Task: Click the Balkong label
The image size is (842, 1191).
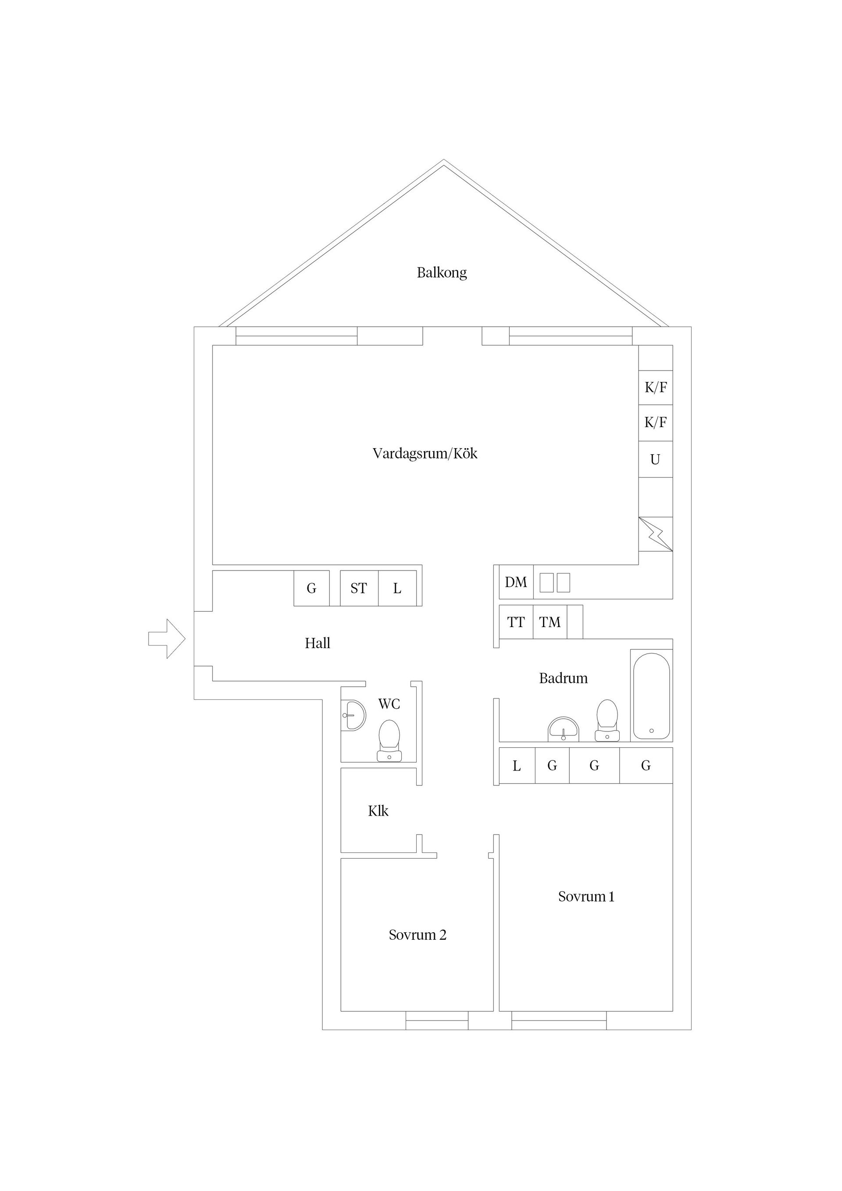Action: click(x=442, y=273)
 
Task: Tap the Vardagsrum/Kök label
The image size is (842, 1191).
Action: click(x=425, y=453)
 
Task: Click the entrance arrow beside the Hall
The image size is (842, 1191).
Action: click(x=167, y=638)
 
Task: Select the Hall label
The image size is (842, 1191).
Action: click(x=318, y=643)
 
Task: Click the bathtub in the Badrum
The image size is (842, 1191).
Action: click(x=652, y=695)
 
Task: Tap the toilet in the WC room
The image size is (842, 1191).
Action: click(x=389, y=740)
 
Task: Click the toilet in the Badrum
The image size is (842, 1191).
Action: click(x=607, y=720)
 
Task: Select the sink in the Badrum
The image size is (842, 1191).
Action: click(x=564, y=729)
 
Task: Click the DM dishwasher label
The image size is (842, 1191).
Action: click(x=516, y=582)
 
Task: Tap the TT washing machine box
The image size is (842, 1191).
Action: click(x=516, y=621)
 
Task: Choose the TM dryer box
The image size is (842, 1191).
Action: click(x=550, y=621)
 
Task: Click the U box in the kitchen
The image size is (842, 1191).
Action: click(x=656, y=459)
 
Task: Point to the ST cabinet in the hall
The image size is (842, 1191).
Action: click(x=359, y=588)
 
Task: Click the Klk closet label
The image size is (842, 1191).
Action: click(x=378, y=811)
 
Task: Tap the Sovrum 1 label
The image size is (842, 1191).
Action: click(x=586, y=896)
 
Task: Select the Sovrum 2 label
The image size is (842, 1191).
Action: click(x=417, y=935)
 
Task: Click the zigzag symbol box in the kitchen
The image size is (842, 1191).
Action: click(x=656, y=534)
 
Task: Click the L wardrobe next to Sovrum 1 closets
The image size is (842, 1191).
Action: click(x=517, y=765)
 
